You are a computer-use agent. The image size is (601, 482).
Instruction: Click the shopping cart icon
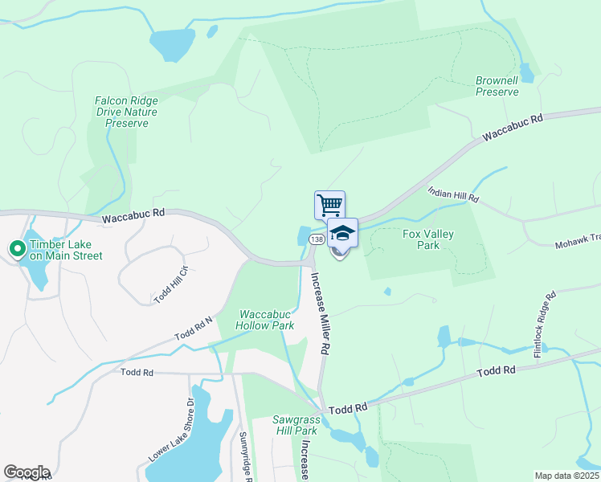pyautogui.click(x=329, y=204)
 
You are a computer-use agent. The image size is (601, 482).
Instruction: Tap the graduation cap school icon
pyautogui.click(x=342, y=232)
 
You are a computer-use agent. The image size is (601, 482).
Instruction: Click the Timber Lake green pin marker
pyautogui.click(x=16, y=249)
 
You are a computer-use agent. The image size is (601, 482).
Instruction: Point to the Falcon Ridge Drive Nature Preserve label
pyautogui.click(x=126, y=112)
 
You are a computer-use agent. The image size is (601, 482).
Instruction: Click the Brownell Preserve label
pyautogui.click(x=497, y=87)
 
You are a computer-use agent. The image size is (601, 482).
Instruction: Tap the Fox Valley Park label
pyautogui.click(x=428, y=239)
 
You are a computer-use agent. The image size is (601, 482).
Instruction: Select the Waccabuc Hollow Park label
pyautogui.click(x=264, y=320)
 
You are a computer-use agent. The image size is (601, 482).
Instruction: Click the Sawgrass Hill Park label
pyautogui.click(x=295, y=425)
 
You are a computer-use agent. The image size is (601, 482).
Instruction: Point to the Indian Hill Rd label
pyautogui.click(x=453, y=194)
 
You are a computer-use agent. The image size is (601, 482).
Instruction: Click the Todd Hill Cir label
pyautogui.click(x=171, y=284)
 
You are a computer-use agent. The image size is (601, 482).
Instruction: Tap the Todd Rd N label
pyautogui.click(x=194, y=328)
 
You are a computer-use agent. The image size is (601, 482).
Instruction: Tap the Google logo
pyautogui.click(x=27, y=472)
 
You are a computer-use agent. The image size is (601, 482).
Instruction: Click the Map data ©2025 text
pyautogui.click(x=566, y=475)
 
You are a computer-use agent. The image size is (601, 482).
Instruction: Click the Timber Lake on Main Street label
pyautogui.click(x=67, y=250)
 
